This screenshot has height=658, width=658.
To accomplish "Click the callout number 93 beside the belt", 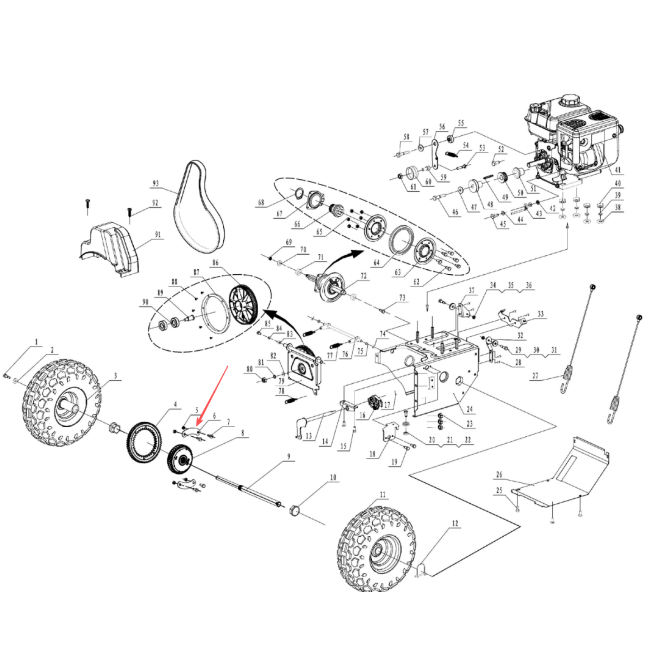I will pos(155,183).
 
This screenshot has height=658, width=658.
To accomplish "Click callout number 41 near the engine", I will pos(618,170).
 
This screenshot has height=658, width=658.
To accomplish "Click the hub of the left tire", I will pos(68,405).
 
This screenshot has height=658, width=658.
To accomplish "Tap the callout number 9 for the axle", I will pos(289,456).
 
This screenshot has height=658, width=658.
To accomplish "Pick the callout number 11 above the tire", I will pos(383,494).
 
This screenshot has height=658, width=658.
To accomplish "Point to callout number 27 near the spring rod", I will pos(535,375).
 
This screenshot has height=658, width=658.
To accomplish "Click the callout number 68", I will pos(261,202).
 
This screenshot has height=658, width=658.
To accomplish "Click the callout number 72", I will pos(363,276).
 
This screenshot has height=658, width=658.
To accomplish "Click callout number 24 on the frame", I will pos(470,409).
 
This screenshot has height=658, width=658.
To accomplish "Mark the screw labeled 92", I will pos(130,213).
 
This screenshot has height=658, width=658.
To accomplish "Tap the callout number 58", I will pos(406,137).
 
